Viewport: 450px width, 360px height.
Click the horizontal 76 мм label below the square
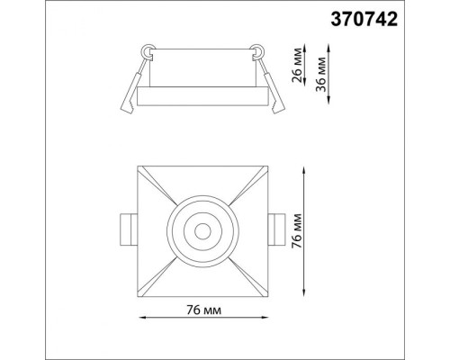click(x=206, y=310)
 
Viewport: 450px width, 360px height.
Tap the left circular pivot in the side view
click(x=148, y=51)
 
